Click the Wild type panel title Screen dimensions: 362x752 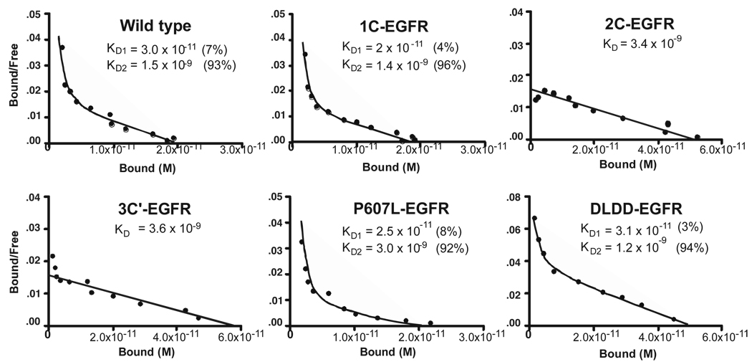[x=154, y=27]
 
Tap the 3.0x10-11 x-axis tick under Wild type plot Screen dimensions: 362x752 [x=240, y=148]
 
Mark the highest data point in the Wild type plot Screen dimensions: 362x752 [x=62, y=48]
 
